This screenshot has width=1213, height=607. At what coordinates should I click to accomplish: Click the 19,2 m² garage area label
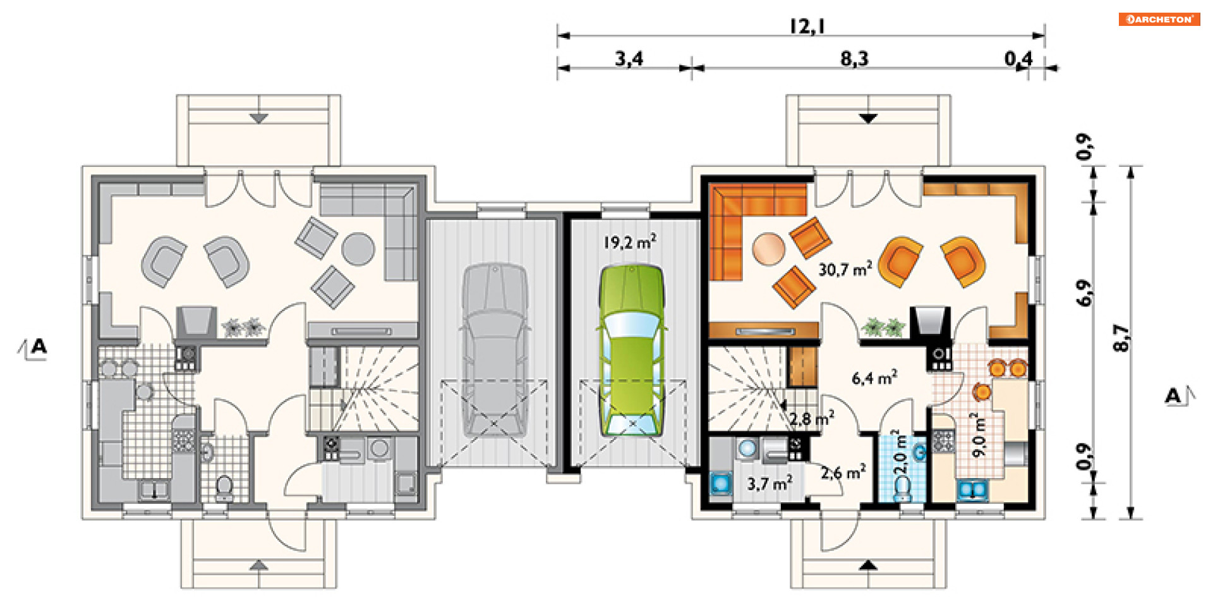pyautogui.click(x=629, y=242)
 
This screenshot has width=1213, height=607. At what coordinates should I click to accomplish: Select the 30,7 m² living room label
pyautogui.click(x=845, y=269)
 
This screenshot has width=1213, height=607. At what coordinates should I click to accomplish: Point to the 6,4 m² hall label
pyautogui.click(x=874, y=378)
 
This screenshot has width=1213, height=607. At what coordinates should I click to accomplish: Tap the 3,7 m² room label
pyautogui.click(x=769, y=484)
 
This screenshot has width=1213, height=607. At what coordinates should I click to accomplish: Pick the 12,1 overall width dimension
pyautogui.click(x=807, y=26)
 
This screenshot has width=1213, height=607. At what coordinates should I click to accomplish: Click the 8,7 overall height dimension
pyautogui.click(x=1120, y=338)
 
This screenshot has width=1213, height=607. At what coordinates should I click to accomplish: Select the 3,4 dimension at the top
pyautogui.click(x=629, y=59)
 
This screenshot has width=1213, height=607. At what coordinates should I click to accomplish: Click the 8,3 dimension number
pyautogui.click(x=854, y=59)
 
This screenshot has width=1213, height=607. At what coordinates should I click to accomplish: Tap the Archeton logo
pyautogui.click(x=1159, y=20)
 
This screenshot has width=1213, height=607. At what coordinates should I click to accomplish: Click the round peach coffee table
pyautogui.click(x=769, y=249)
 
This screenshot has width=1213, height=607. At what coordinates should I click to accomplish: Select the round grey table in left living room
pyautogui.click(x=358, y=249)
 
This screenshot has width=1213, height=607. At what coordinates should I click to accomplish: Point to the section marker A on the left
pyautogui.click(x=38, y=346)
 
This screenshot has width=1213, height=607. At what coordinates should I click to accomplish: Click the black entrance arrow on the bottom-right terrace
pyautogui.click(x=868, y=565)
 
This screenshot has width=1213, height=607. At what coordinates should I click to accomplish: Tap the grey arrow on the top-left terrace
pyautogui.click(x=258, y=118)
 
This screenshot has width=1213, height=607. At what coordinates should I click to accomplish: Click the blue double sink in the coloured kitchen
pyautogui.click(x=972, y=489)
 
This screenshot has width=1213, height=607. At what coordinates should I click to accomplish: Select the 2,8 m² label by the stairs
pyautogui.click(x=812, y=419)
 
